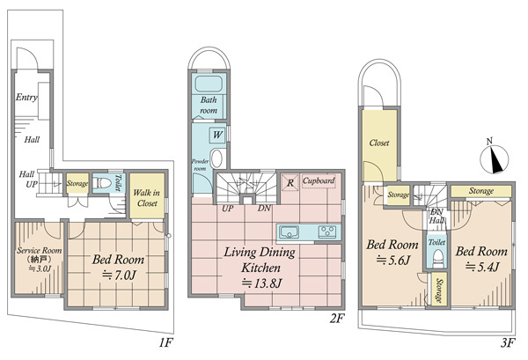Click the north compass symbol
pyautogui.click(x=494, y=158)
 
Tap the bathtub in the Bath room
pyautogui.click(x=209, y=84)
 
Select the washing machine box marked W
pyautogui.click(x=217, y=135)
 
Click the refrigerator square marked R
pyautogui.click(x=290, y=182)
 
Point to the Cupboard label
pyautogui.click(x=319, y=180)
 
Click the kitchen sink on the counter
pyautogui.click(x=290, y=232)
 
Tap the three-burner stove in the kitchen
pyautogui.click(x=327, y=232)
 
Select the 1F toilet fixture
pyautogui.click(x=102, y=184)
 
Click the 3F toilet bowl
pyautogui.click(x=437, y=258)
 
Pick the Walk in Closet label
pyautogui.click(x=147, y=198)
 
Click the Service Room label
pyautogui.click(x=40, y=251)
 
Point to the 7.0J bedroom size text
pyautogui.click(x=119, y=276)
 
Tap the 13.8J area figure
pyautogui.click(x=261, y=283)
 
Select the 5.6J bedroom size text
pyautogui.click(x=392, y=260)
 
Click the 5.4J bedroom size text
pyautogui.click(x=482, y=267)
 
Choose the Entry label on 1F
pyautogui.click(x=26, y=98)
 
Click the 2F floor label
pyautogui.click(x=337, y=319)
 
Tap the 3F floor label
pyautogui.click(x=508, y=342)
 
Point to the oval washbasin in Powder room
pyautogui.click(x=216, y=159)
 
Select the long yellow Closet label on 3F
pyautogui.click(x=379, y=143)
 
